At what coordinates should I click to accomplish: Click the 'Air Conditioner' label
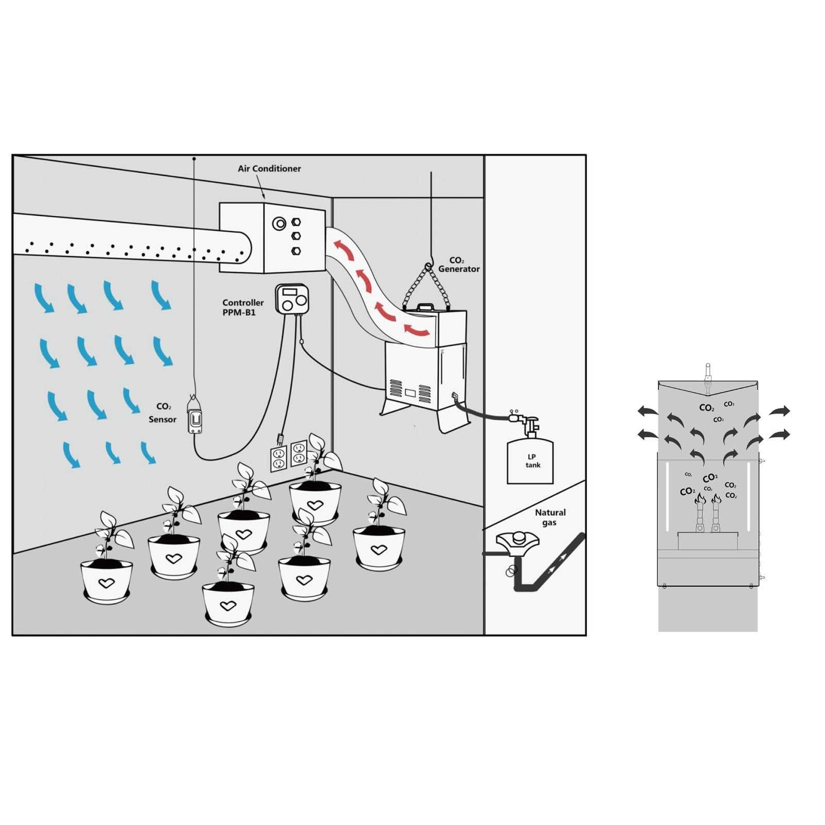pos(269,169)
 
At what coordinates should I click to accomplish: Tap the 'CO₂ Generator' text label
pos(459,265)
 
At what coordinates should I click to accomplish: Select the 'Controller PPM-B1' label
pos(243,307)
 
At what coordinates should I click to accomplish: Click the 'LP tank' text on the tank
pos(533,461)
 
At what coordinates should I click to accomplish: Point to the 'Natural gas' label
pos(550,517)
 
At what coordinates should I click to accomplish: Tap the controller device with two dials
pos(292,299)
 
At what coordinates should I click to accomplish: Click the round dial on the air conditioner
pos(279,224)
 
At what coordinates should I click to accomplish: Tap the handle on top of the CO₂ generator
pos(425,307)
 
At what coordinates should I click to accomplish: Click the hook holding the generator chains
pos(428,266)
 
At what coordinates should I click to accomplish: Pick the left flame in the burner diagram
pos(700,499)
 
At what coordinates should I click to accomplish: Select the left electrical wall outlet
pos(278,458)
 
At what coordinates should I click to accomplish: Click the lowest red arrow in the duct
pos(417,330)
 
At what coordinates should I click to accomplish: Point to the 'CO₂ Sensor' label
pos(163,413)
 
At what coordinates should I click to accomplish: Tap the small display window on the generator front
pos(410,393)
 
